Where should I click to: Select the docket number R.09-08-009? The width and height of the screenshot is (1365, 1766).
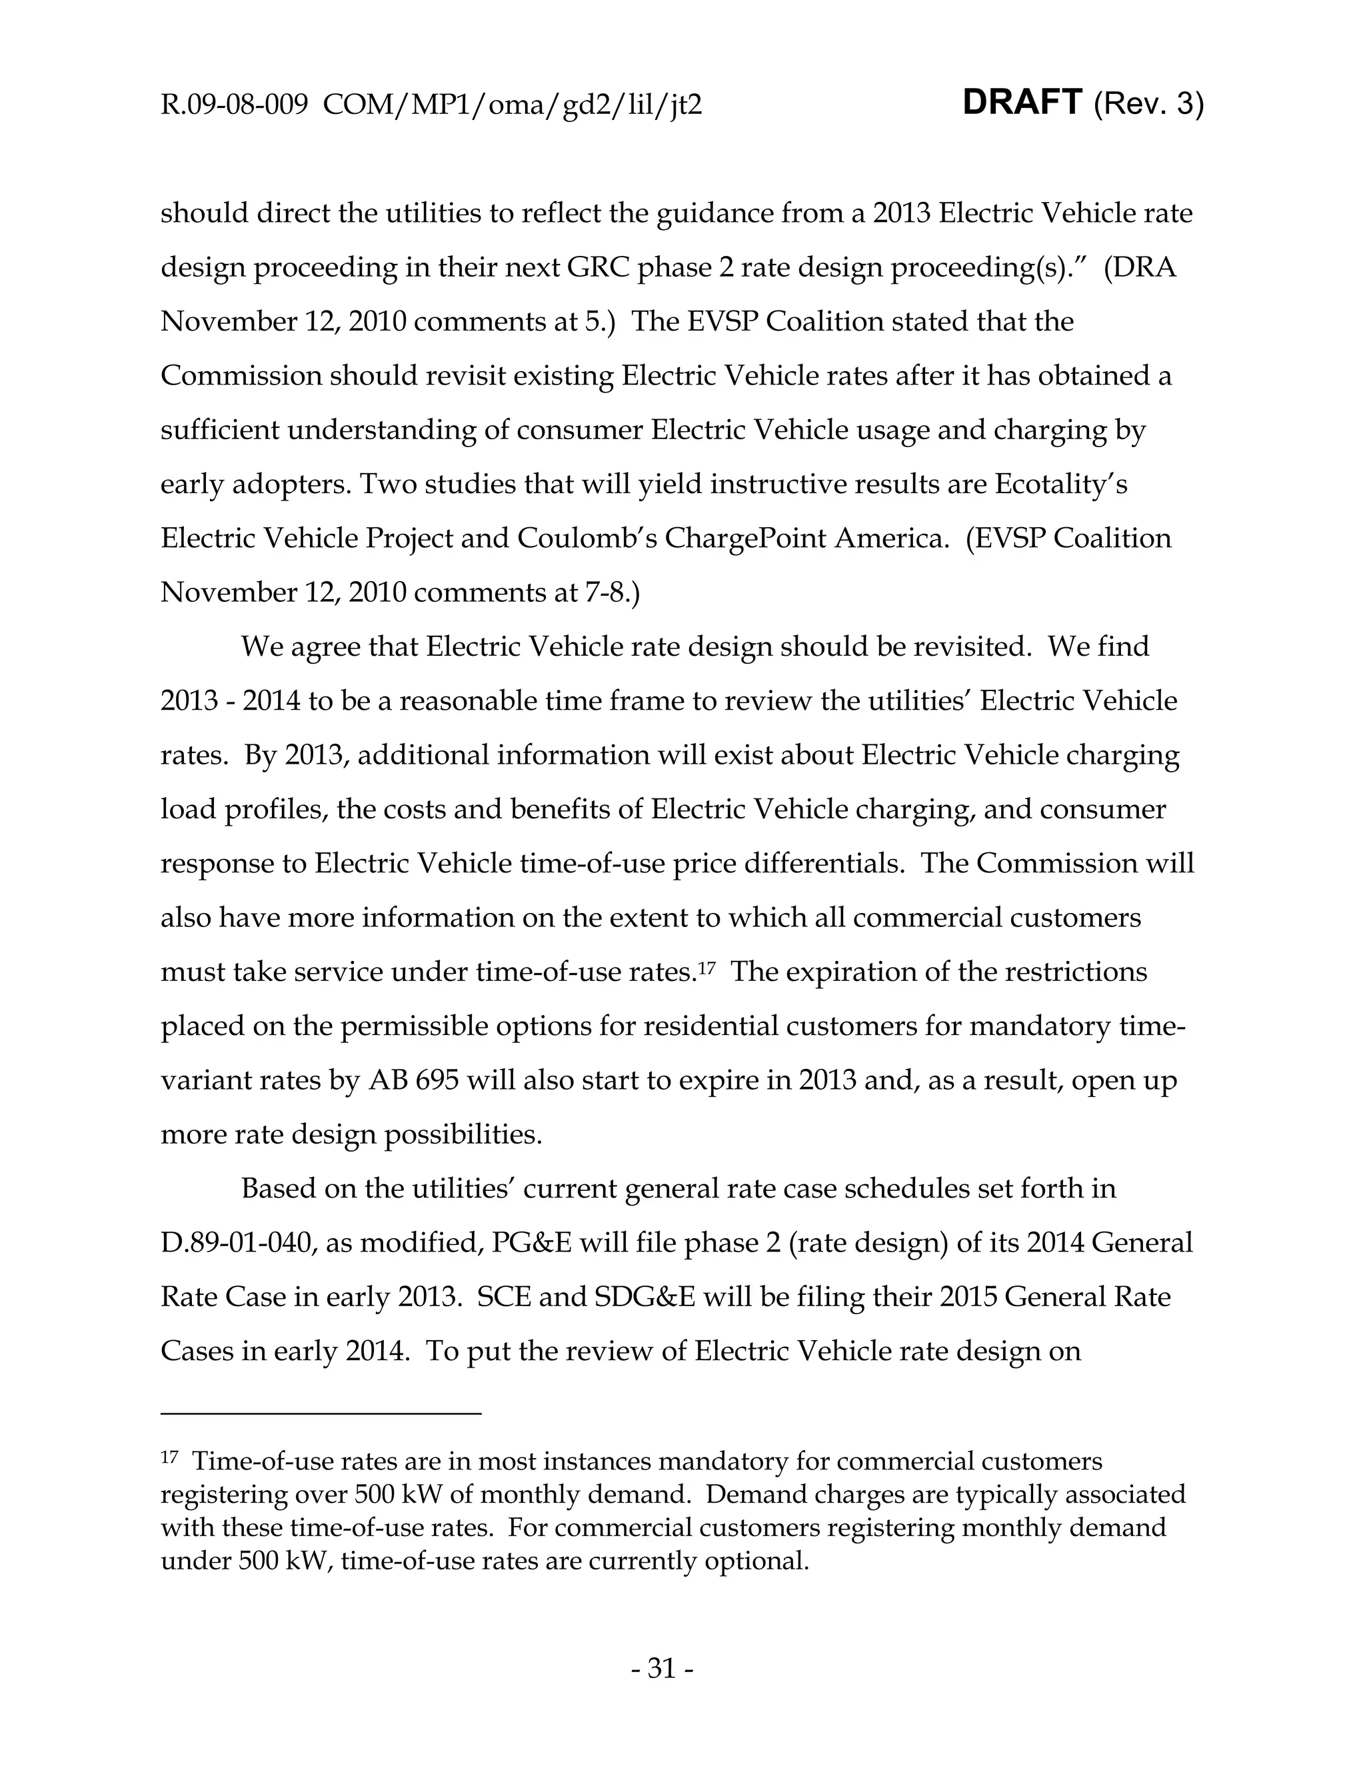point(235,105)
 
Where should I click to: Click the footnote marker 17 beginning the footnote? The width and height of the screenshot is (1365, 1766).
point(169,1457)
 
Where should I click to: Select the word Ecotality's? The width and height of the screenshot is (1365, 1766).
point(1061,484)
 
